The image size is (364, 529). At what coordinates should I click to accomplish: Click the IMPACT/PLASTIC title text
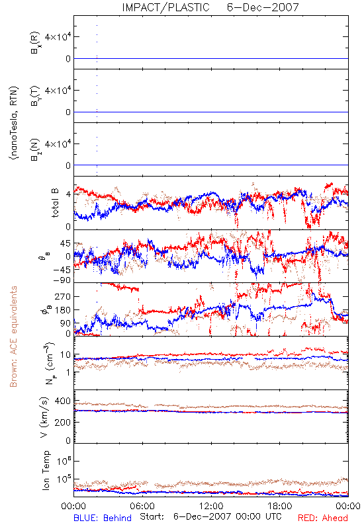point(166,7)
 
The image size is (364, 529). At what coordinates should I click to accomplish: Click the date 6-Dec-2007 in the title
point(263,7)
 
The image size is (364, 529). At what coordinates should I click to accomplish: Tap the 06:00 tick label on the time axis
point(142,506)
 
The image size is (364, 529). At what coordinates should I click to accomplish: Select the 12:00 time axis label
point(211,506)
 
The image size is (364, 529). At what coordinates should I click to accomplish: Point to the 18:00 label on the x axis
point(280,506)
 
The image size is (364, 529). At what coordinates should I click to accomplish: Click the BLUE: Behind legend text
point(103,518)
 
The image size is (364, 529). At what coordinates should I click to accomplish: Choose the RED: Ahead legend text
point(323,518)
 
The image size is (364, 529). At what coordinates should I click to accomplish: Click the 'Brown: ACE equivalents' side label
point(13,337)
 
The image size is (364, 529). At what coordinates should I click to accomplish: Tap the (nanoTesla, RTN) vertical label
point(14,122)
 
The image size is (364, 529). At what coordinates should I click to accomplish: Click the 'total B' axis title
point(55,203)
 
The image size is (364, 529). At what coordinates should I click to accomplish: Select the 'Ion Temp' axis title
point(46,470)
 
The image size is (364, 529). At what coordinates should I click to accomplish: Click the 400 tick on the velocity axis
point(63,401)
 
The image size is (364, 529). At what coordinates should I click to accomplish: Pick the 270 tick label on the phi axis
point(63,296)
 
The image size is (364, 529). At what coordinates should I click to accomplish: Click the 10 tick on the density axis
point(66,355)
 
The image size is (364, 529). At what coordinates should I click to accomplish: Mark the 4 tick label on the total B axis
point(68,194)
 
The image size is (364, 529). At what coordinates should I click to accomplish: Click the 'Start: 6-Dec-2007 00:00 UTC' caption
point(210,516)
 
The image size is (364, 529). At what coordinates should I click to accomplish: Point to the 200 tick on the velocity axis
point(63,423)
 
